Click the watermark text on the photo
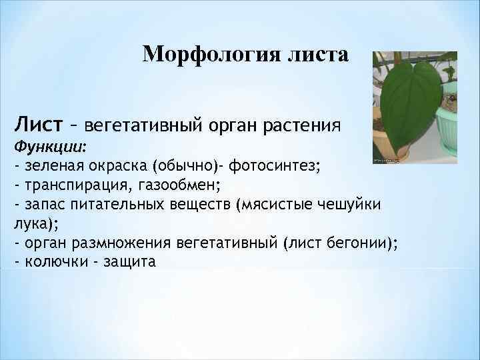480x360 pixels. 391,161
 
